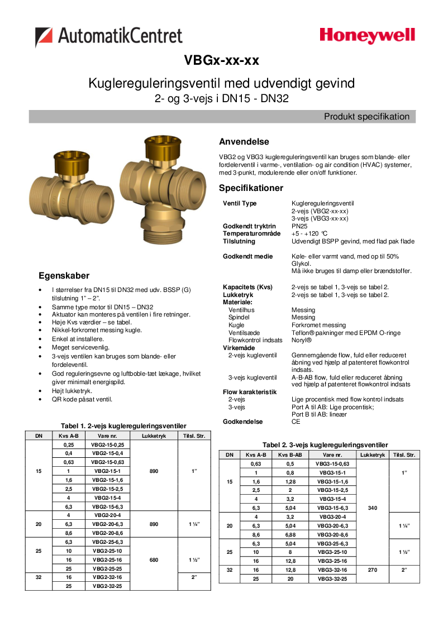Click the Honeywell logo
pos(367,36)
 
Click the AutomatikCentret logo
pos(109,37)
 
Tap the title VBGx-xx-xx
pos(221,60)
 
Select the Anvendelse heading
pos(244,142)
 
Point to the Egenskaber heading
pos(64,276)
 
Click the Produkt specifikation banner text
pos(366,117)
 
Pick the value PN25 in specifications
pos(299,226)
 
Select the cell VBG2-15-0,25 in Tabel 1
pos(108,444)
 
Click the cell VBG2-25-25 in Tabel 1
pos(108,568)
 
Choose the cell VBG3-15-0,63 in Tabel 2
pos(332,463)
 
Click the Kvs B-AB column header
pos(290,455)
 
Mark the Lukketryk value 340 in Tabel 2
pos(372,508)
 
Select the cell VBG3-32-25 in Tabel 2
pos(332,579)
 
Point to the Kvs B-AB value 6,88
pos(290,535)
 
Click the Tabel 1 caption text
pos(123,426)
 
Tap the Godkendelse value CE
pos(296,422)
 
